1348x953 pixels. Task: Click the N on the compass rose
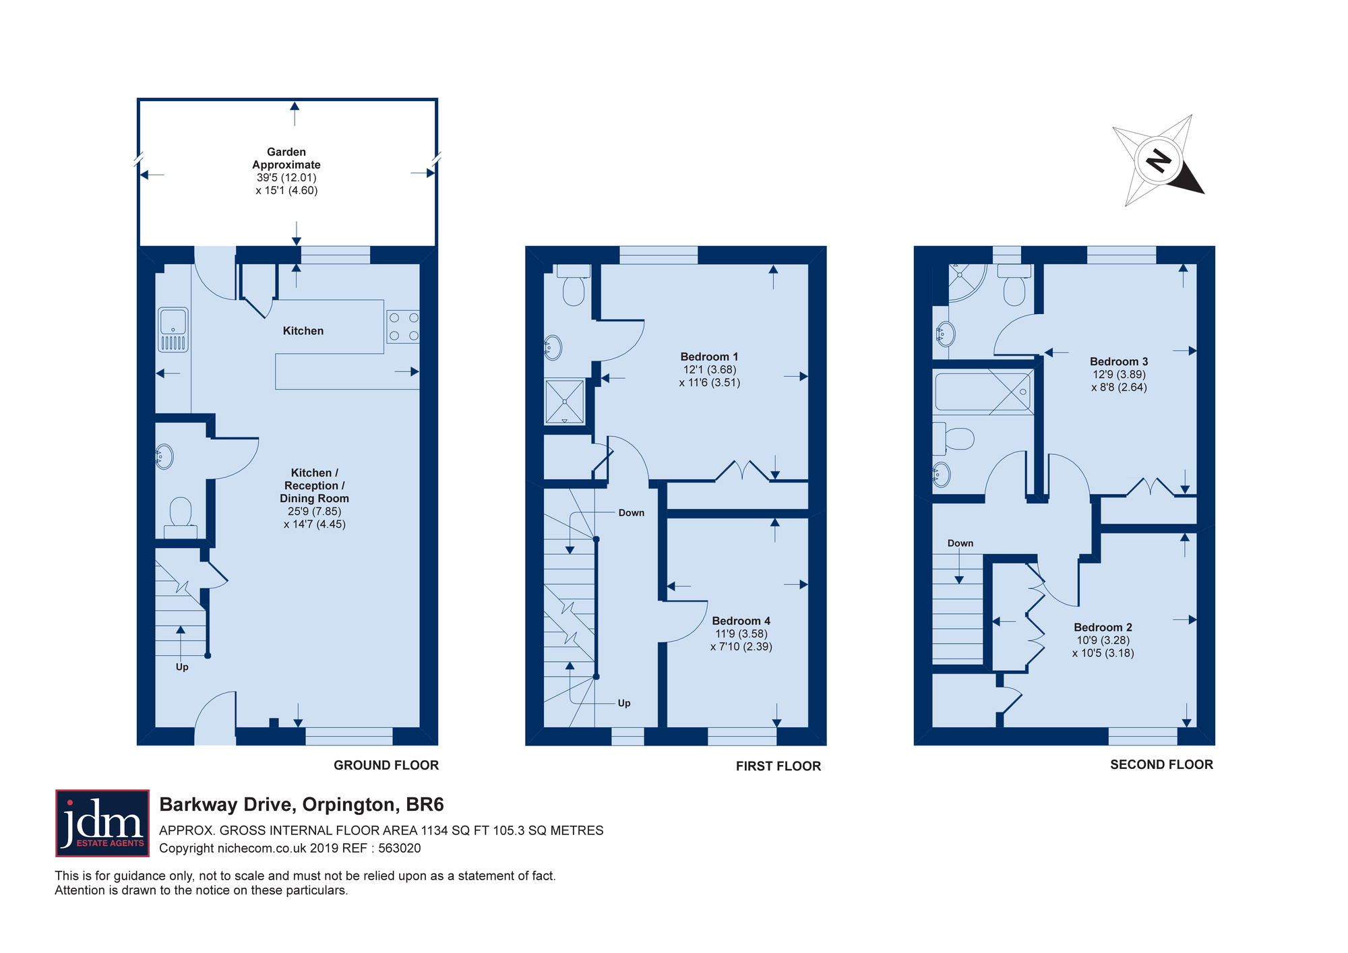(1159, 160)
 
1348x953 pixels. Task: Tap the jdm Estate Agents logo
(102, 823)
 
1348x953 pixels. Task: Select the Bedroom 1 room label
(709, 357)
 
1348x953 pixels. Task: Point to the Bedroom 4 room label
(741, 621)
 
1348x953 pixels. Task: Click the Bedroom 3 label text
(1119, 362)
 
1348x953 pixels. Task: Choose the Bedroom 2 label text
(1103, 627)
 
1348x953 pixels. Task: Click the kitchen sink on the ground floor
(173, 330)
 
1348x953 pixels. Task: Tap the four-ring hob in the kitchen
(403, 327)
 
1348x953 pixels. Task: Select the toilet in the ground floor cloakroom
(181, 518)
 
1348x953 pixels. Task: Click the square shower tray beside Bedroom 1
(565, 402)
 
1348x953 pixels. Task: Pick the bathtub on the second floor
(983, 392)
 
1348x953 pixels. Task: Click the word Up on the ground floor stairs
(182, 667)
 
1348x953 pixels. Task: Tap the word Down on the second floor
(960, 543)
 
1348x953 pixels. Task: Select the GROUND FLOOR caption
(386, 765)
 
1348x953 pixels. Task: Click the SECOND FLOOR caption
(1161, 764)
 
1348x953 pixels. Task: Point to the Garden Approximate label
(286, 158)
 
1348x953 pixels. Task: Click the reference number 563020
(400, 849)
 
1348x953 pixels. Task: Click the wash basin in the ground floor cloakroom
(164, 457)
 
